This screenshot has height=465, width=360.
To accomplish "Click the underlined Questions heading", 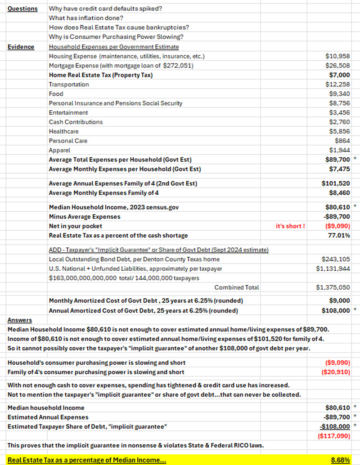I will tap(22, 9).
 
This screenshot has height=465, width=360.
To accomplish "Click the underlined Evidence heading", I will tap(21, 47).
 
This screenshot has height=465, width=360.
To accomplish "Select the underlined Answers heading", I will tap(19, 320).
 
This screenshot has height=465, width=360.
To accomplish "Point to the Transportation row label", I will tap(69, 85).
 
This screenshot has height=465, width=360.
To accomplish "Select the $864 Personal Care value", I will tap(343, 141).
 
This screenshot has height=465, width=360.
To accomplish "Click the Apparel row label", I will tap(59, 150).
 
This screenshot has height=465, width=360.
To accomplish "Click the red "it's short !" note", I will tap(290, 226).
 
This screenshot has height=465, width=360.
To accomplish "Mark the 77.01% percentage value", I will tap(340, 235).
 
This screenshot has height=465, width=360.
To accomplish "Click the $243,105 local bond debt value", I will tap(336, 259).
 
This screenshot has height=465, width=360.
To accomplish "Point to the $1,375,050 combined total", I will tap(334, 287).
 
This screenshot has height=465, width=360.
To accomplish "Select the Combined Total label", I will tap(237, 287).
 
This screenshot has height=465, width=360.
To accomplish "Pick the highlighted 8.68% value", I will tap(341, 460).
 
